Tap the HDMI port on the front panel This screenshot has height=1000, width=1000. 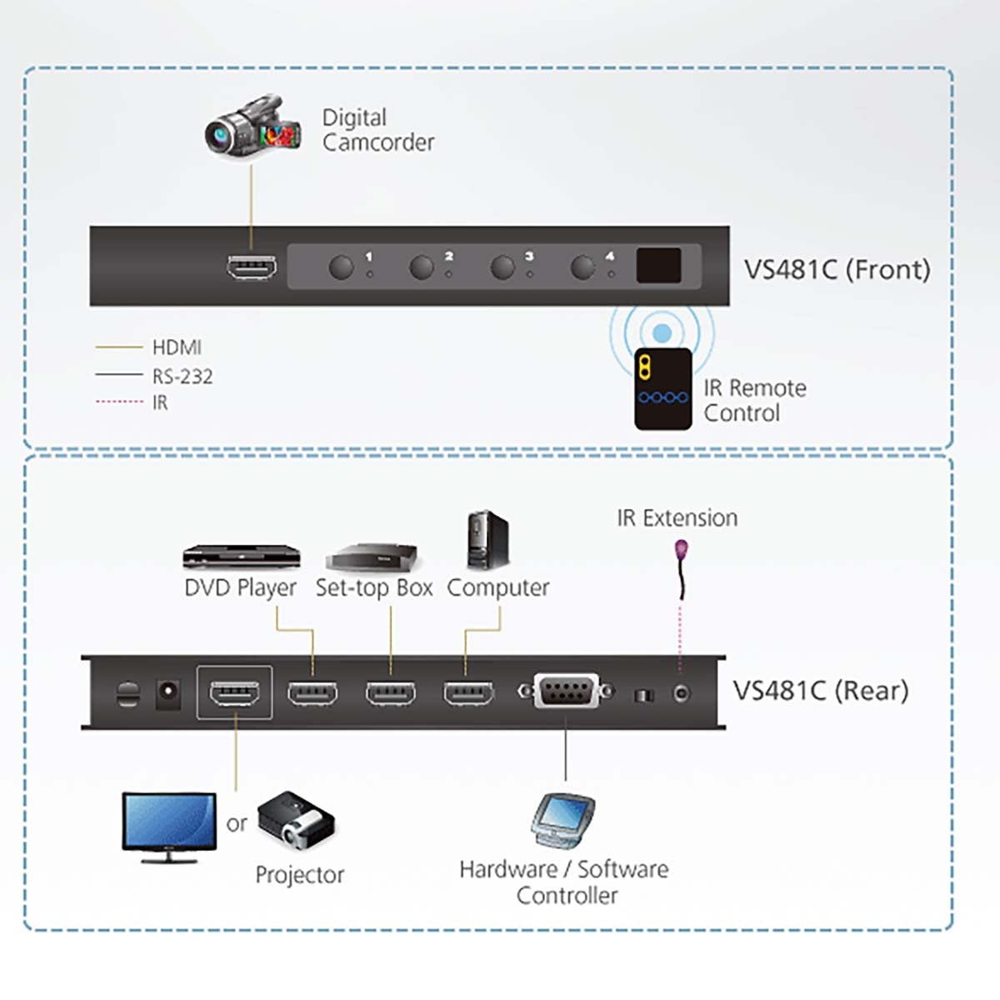coord(252,267)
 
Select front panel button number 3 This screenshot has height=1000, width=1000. coord(502,267)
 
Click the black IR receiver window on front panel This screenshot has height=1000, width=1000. coord(658,266)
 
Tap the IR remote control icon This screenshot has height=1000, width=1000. coord(662,388)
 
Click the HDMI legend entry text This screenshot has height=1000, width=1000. coord(177,347)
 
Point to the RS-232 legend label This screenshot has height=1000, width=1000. coord(182,377)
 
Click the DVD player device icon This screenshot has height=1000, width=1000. coord(241,557)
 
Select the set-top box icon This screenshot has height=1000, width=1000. coord(372,557)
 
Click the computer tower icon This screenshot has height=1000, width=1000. coord(487,540)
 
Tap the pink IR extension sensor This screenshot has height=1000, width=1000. coord(682,551)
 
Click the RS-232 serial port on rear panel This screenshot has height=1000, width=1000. coord(567,692)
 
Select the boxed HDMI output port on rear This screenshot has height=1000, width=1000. coord(234,692)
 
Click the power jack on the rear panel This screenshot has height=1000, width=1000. coord(169,693)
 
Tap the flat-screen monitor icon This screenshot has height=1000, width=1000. coord(169,826)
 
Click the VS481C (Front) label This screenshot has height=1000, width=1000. coord(836,270)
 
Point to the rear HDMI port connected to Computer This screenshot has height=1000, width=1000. coord(467,693)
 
